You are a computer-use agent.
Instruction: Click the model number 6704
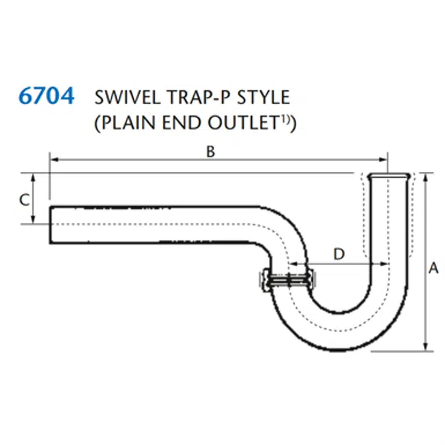pyautogui.click(x=46, y=97)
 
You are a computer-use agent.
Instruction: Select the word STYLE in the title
pyautogui.click(x=264, y=98)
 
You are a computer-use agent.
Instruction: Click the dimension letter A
pyautogui.click(x=433, y=268)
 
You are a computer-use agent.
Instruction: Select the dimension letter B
pyautogui.click(x=210, y=152)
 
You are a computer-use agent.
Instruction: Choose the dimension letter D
pyautogui.click(x=338, y=254)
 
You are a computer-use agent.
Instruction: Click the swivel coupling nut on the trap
pyautogui.click(x=266, y=281)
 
